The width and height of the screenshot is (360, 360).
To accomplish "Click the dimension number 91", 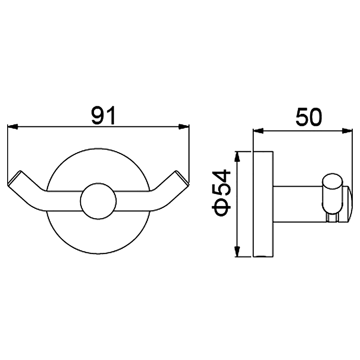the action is click(103, 115).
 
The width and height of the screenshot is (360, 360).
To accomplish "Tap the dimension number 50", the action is click(309, 117).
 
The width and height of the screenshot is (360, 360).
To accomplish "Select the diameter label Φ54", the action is click(221, 193).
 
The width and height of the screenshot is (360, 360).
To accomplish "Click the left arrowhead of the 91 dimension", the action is click(13, 126).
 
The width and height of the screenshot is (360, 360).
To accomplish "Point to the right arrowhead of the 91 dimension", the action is click(184, 126).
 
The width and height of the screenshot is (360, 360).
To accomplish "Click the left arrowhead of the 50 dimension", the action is click(258, 131).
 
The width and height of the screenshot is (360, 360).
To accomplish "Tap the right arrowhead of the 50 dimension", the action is click(347, 131).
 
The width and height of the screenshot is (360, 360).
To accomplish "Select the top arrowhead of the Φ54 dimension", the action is click(238, 157).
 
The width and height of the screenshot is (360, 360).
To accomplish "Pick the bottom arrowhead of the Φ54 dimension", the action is click(238, 251).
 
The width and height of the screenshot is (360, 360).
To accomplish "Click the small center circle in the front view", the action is click(99, 201).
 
